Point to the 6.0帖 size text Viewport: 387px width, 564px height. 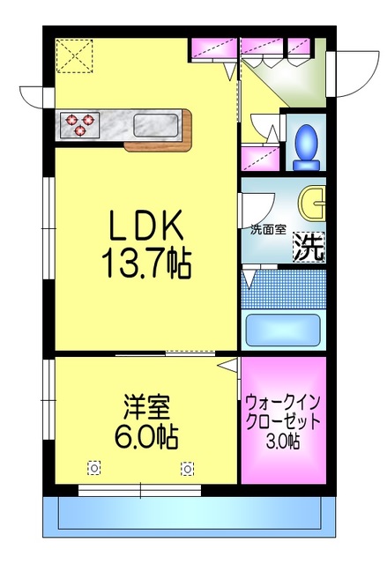[x=145, y=435]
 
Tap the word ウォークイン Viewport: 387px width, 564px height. [x=283, y=399]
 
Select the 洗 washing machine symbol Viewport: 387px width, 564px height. [x=309, y=248]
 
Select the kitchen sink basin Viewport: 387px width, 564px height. [x=156, y=124]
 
